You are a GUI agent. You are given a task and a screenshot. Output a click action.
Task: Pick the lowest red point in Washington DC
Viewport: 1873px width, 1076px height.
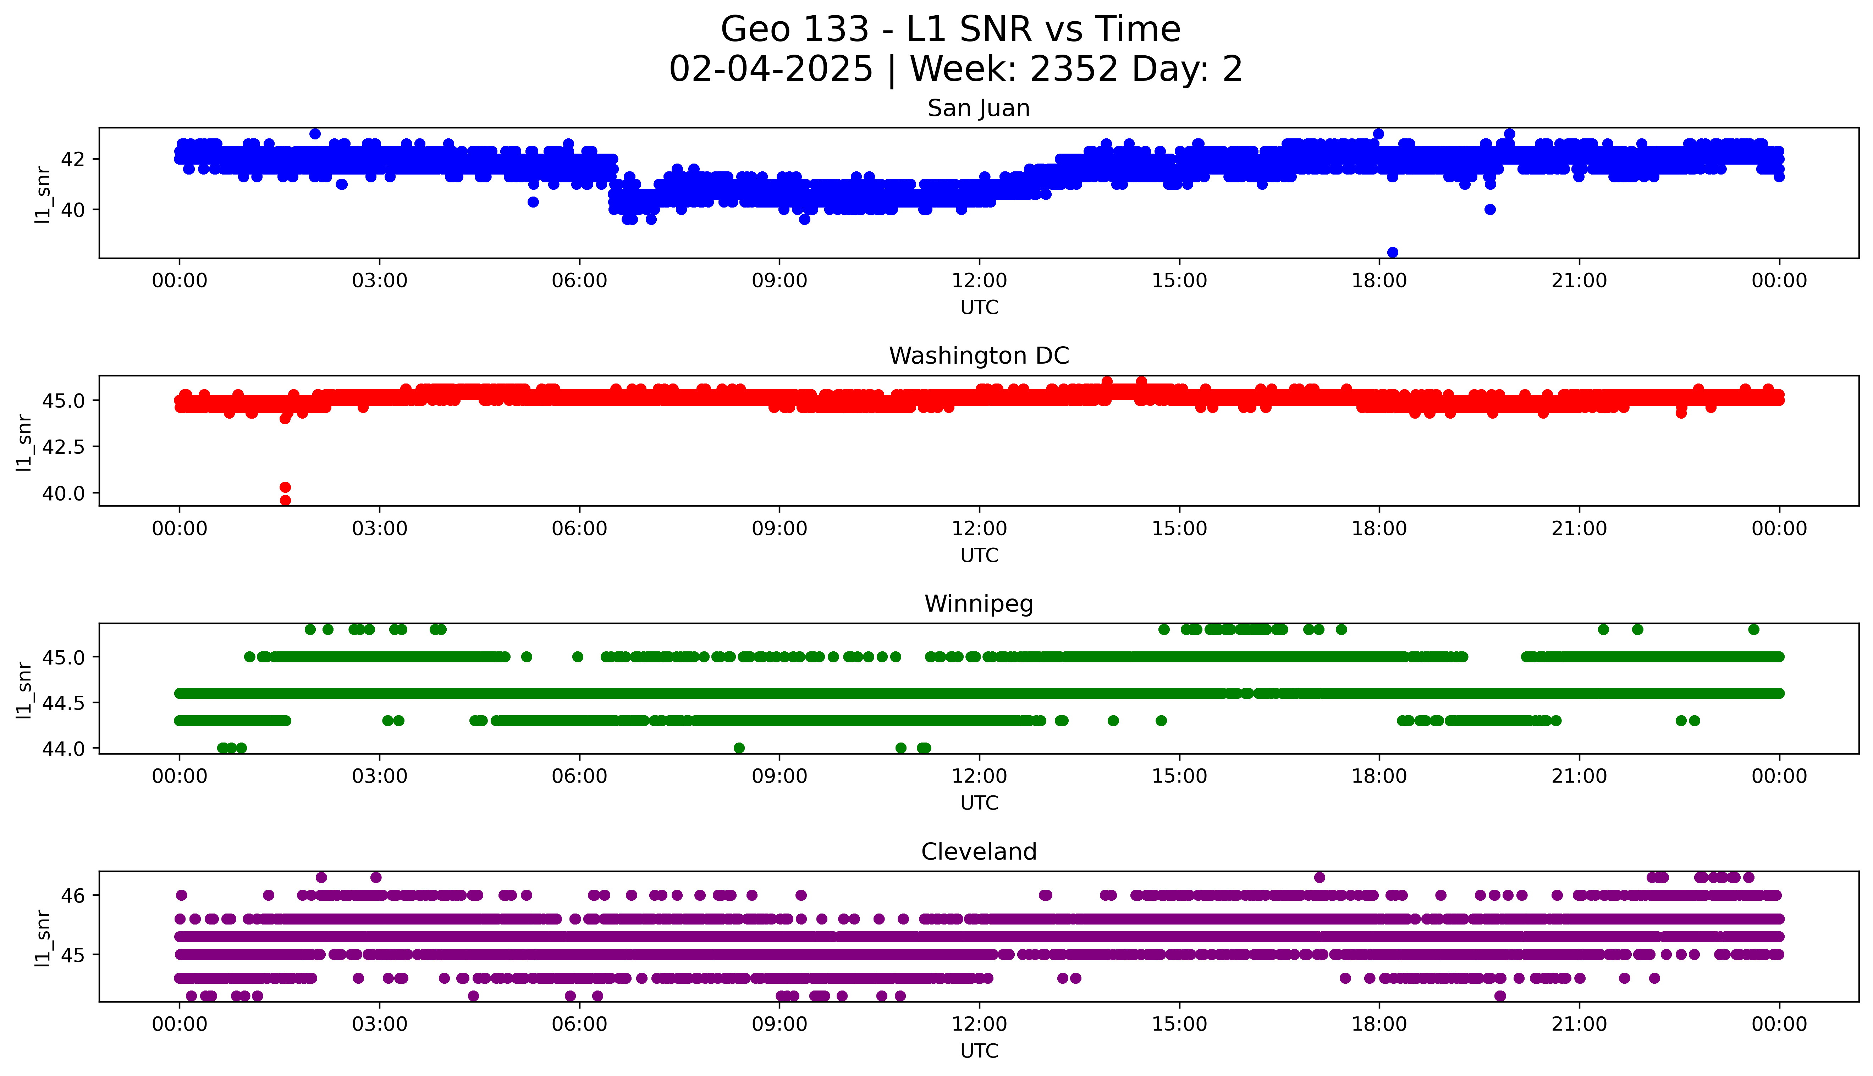click(285, 500)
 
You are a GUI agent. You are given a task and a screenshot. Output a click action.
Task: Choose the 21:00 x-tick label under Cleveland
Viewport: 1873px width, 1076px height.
click(1579, 1024)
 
